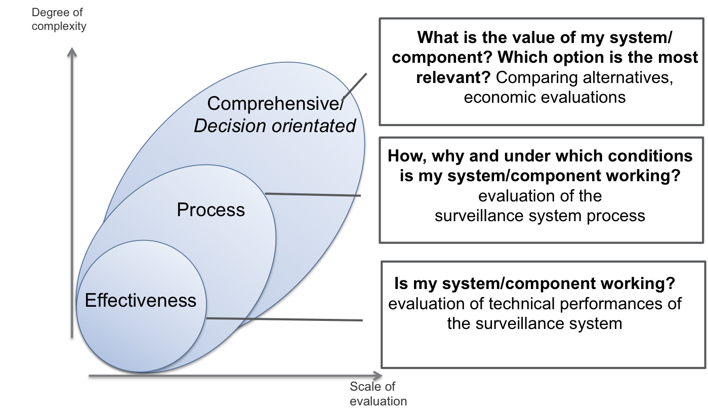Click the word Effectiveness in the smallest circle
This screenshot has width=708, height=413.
click(140, 300)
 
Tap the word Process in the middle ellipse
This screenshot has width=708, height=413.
click(211, 210)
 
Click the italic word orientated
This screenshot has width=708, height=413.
click(314, 126)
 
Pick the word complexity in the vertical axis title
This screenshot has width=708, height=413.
click(59, 26)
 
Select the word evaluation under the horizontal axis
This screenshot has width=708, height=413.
click(378, 401)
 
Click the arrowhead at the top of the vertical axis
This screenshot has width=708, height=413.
click(72, 51)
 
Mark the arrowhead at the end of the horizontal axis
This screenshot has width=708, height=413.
click(379, 376)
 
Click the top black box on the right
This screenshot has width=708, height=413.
click(541, 72)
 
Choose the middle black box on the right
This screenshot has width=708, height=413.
click(541, 190)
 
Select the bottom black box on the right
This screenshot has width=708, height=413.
click(543, 314)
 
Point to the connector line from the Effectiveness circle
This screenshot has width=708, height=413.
click(283, 319)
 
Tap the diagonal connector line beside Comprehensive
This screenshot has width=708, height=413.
click(355, 86)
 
